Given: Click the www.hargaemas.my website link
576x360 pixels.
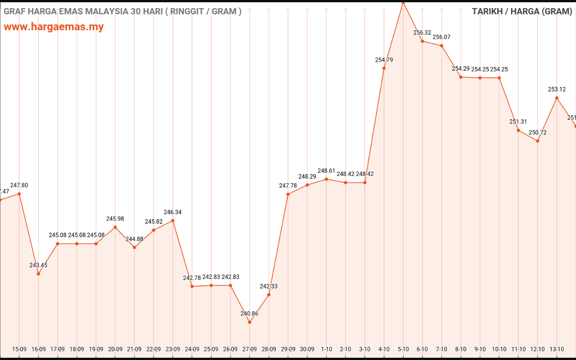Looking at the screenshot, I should [x=54, y=27].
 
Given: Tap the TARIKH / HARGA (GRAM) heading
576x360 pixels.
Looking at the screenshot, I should [x=522, y=12].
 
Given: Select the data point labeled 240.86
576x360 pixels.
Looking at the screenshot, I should [x=250, y=322].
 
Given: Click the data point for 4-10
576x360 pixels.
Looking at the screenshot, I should [x=384, y=68].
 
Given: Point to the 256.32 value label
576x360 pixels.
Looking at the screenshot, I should [x=422, y=33].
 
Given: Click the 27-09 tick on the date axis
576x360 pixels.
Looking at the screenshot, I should [x=250, y=349].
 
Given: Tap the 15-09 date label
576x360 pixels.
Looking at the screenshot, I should [x=19, y=349].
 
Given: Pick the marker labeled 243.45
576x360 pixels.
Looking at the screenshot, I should [x=38, y=274].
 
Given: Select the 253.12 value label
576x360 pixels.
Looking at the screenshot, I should [x=557, y=90].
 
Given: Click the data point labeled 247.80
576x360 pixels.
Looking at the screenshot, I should [x=19, y=194].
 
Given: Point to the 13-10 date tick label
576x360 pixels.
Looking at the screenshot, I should [x=557, y=349].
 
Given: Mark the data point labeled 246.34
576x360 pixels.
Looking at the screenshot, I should [x=173, y=220].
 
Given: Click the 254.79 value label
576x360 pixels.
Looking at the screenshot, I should [x=384, y=60].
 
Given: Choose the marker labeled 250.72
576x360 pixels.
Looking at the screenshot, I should [x=537, y=141].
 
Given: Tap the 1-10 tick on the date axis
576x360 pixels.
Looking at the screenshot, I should [x=326, y=349].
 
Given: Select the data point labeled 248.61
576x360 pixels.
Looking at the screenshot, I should [x=326, y=179].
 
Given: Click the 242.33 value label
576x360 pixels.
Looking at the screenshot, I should [x=269, y=287].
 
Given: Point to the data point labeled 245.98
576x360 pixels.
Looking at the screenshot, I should [x=115, y=227].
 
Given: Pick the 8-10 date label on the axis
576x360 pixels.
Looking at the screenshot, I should [x=461, y=349].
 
